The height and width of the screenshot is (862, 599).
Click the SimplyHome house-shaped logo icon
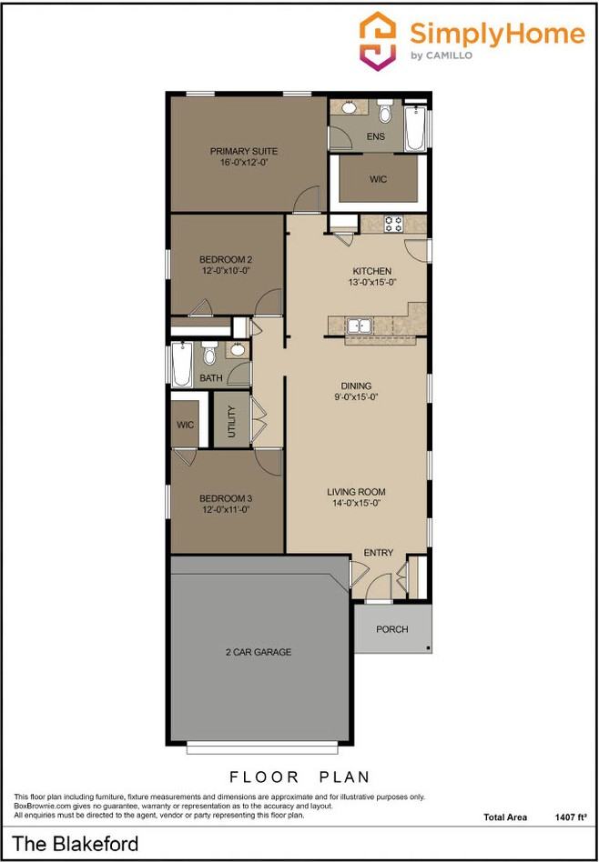(379, 41)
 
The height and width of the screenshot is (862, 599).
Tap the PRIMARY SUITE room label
(243, 151)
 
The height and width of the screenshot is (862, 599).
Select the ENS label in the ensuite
(375, 137)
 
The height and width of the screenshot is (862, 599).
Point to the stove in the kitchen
(393, 223)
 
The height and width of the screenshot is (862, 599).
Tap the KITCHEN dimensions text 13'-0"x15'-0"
(371, 283)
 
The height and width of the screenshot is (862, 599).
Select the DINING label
(356, 386)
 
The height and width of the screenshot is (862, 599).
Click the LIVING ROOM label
(353, 492)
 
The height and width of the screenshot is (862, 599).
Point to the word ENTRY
(378, 553)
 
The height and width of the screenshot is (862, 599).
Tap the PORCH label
(391, 629)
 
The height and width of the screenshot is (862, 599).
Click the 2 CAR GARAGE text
(258, 652)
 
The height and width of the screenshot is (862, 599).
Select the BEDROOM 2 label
(225, 259)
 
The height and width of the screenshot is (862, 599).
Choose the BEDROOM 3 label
(225, 498)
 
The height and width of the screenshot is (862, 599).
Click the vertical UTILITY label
(231, 421)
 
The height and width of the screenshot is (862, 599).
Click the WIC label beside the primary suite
(378, 179)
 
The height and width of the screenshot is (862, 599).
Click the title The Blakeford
(76, 845)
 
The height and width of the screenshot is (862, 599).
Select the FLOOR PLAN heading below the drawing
(299, 777)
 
